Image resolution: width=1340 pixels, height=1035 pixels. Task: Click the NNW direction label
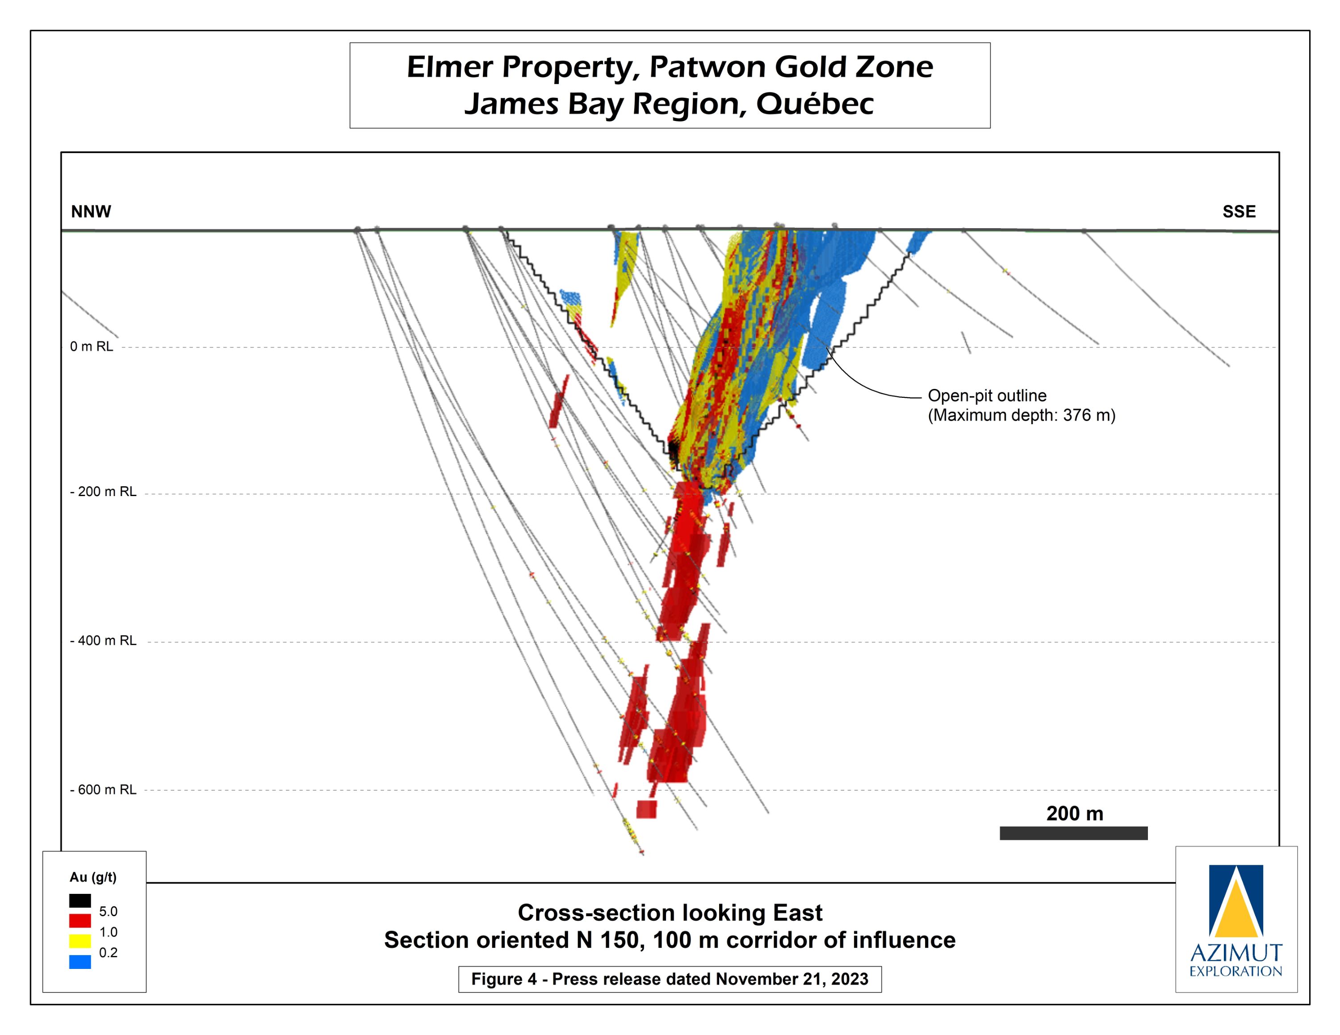point(91,212)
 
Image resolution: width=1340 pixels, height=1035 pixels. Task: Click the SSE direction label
point(1239,212)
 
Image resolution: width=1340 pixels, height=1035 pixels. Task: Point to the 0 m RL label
point(92,346)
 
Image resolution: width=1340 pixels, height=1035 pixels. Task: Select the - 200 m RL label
point(103,492)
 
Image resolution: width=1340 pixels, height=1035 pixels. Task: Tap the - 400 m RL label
point(103,641)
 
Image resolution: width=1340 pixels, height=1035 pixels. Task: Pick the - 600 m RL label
point(103,790)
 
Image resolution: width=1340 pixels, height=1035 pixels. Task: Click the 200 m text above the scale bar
point(1074,814)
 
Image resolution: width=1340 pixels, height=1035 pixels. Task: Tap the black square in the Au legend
point(80,901)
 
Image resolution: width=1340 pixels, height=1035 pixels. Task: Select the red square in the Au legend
point(80,921)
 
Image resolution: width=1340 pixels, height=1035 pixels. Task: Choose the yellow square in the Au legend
point(80,941)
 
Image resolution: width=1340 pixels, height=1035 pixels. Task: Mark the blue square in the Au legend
point(80,961)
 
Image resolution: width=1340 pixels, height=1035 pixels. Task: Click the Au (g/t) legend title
point(92,877)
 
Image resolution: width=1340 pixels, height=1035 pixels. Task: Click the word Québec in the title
point(814,104)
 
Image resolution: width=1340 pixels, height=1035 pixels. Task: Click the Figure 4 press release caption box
point(670,979)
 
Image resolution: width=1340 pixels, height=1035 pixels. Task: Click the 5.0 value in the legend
point(108,912)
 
